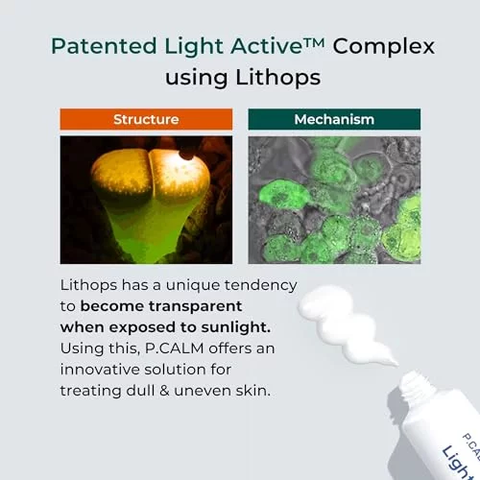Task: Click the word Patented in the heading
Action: point(104,46)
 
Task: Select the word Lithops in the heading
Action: point(278,78)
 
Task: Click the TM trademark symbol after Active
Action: point(314,42)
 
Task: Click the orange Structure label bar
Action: point(146,119)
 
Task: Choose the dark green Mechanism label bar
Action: point(334,119)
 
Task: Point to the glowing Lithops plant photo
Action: point(146,200)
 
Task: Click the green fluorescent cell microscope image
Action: point(334,200)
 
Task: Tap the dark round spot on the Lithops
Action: point(187,155)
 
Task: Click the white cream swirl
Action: point(344,324)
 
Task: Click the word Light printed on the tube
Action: point(459,464)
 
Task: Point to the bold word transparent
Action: point(195,306)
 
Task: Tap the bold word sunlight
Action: point(236,327)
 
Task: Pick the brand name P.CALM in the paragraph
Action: point(175,348)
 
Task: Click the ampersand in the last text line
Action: point(164,391)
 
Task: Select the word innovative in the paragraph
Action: point(100,370)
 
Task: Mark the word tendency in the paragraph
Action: point(260,285)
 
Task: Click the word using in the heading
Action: point(196,79)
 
